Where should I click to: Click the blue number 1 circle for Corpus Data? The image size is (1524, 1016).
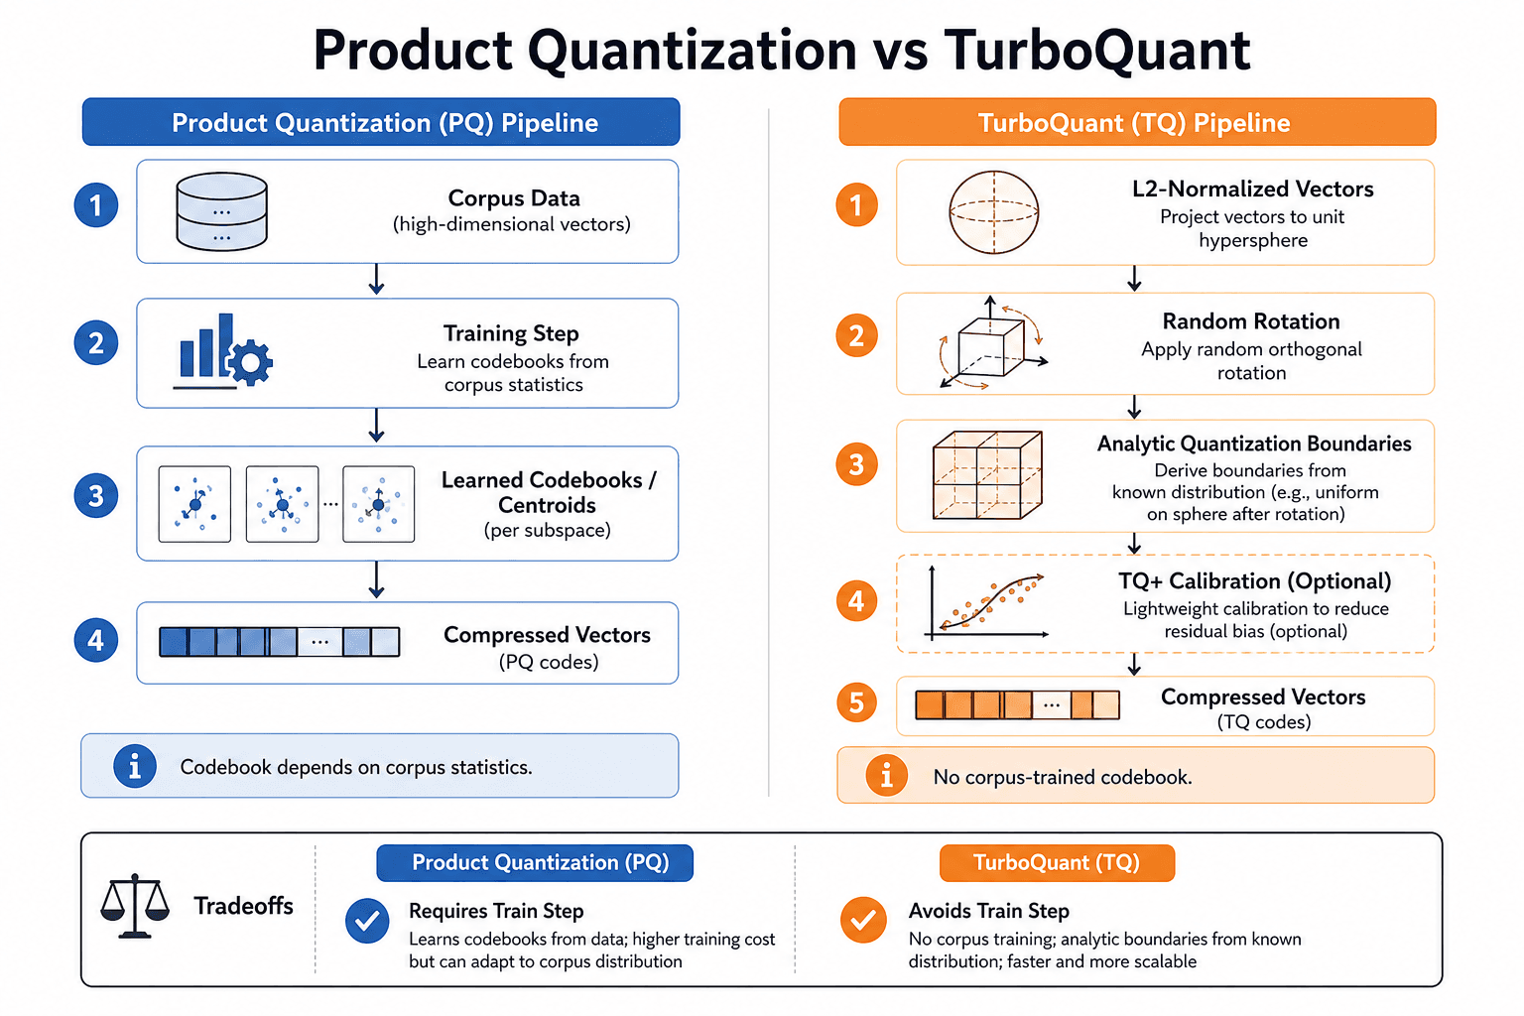point(96,204)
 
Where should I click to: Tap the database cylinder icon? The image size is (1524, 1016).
point(221,211)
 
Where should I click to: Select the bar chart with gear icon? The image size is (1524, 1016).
point(223,351)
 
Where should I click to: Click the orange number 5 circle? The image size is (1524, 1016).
point(856,702)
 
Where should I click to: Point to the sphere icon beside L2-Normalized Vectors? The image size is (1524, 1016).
point(993,212)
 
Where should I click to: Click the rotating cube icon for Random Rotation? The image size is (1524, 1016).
point(992,343)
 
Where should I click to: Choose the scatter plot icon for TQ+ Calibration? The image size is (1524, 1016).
point(986,603)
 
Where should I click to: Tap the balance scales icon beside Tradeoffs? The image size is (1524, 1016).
point(135,906)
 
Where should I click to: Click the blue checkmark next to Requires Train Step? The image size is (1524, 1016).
point(367,921)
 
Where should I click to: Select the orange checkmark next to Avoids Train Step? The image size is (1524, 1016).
point(863,920)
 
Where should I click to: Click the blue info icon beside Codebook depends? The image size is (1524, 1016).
point(135,766)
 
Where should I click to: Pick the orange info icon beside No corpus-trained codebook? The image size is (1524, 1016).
point(886,775)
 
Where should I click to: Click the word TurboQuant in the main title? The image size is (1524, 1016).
point(1096,50)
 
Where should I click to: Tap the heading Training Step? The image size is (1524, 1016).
point(511,333)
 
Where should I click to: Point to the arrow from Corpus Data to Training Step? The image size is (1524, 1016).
point(376,279)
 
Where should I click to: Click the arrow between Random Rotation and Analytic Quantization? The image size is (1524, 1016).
point(1134,407)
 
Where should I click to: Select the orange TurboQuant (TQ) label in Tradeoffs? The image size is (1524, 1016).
point(1057,863)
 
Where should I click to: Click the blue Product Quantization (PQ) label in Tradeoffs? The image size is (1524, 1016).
point(535,863)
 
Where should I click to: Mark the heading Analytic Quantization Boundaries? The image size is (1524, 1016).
point(1254,444)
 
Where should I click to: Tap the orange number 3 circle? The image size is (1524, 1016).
point(856,464)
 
